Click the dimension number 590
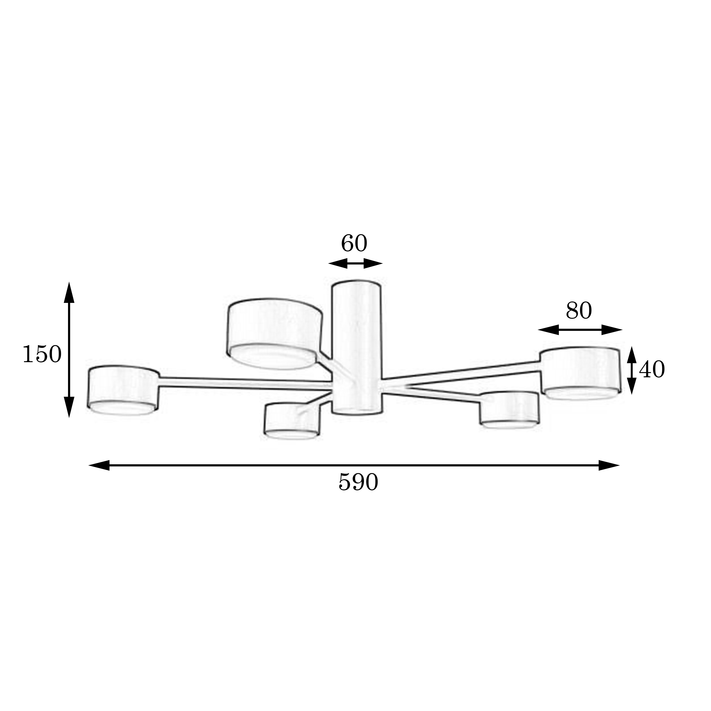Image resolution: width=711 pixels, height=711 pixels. click(358, 483)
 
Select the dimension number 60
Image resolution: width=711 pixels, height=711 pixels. click(354, 243)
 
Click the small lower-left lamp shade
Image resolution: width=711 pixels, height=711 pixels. click(292, 421)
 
